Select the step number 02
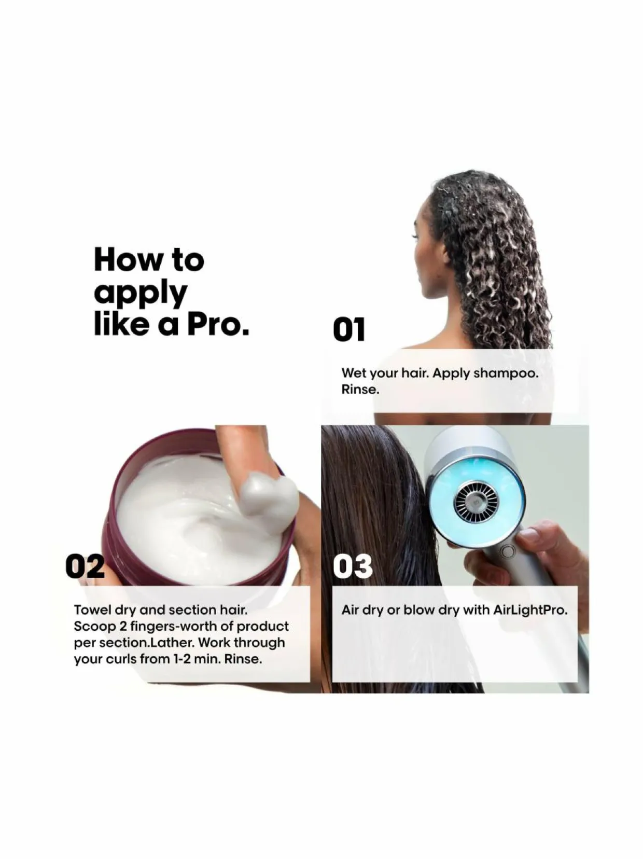85,566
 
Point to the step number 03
353,566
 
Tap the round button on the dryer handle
508,552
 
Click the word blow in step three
420,610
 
